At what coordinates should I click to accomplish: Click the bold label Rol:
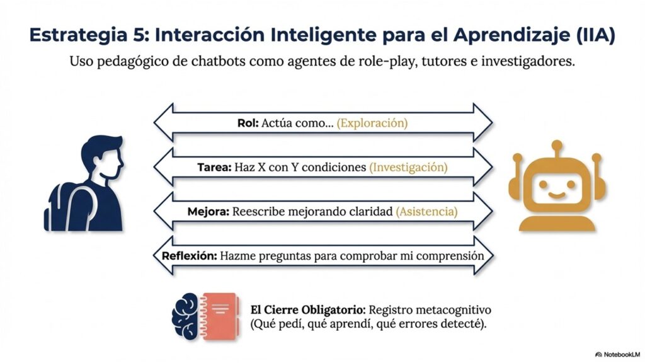248,123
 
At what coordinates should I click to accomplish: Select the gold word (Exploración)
372,123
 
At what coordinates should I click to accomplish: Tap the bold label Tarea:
214,168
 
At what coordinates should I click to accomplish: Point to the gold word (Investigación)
408,168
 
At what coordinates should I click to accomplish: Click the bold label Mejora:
208,212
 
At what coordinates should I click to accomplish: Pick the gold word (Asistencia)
426,212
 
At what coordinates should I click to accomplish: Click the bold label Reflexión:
189,256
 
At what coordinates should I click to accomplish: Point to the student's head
103,156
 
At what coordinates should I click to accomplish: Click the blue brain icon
186,316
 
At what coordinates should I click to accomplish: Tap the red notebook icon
219,316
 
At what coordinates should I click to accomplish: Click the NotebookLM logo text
622,354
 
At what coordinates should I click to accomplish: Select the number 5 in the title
138,35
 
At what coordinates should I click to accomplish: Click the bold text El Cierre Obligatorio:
307,310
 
